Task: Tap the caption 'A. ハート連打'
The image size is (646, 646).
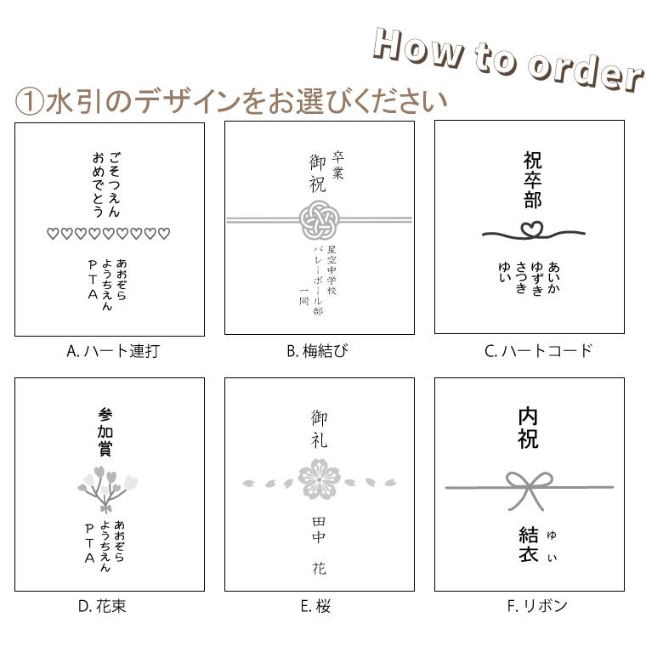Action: pyautogui.click(x=112, y=351)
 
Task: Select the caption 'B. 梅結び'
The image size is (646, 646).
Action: pyautogui.click(x=318, y=351)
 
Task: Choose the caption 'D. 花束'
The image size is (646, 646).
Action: pyautogui.click(x=102, y=606)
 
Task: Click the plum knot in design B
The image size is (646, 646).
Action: pyautogui.click(x=319, y=224)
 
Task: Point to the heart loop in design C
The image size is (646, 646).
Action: pyautogui.click(x=530, y=229)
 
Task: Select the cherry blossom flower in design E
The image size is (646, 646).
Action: pyautogui.click(x=319, y=482)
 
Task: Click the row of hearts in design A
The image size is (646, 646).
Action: pyautogui.click(x=108, y=234)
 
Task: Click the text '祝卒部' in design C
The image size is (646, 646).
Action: pyautogui.click(x=532, y=180)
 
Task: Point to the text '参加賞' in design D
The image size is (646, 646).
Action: pyautogui.click(x=105, y=432)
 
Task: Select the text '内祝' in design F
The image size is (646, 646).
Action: pyautogui.click(x=528, y=428)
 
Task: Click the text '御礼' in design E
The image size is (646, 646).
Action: pyautogui.click(x=319, y=429)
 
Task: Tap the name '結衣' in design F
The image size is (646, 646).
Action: pyautogui.click(x=528, y=544)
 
